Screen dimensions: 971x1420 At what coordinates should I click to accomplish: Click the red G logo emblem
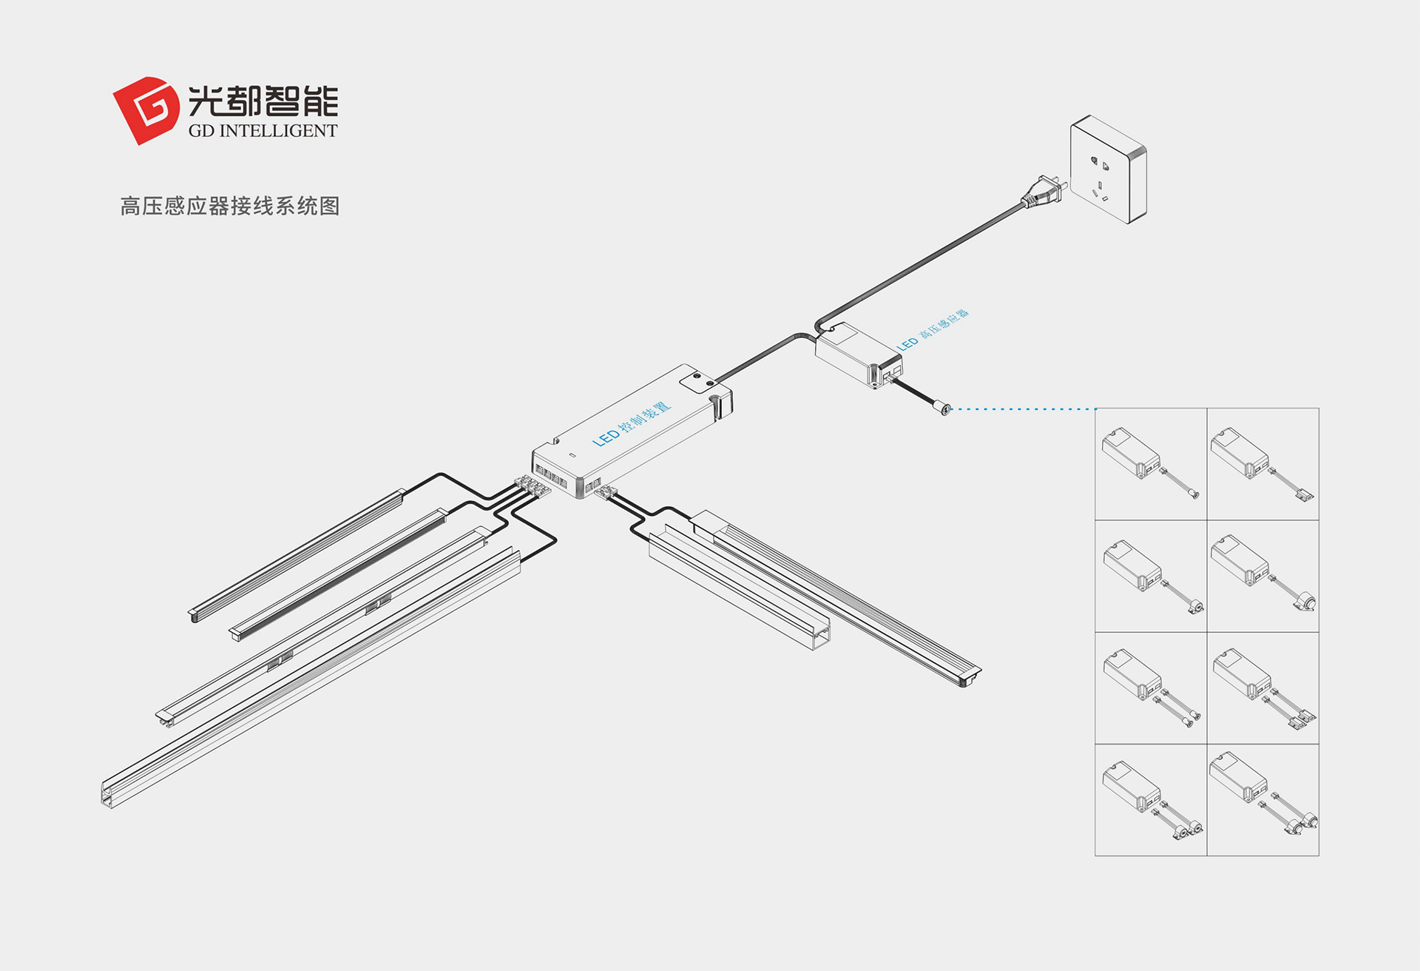[x=146, y=110]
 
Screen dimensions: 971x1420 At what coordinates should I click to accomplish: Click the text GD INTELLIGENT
[x=263, y=131]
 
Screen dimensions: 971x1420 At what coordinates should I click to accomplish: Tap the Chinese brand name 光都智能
[x=263, y=100]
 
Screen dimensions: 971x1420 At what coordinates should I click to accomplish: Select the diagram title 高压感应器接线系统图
[x=230, y=206]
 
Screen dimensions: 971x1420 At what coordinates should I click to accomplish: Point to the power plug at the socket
[x=1044, y=192]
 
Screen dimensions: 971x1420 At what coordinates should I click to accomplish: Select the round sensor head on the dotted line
[x=944, y=407]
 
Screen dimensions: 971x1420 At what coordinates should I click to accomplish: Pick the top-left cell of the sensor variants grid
[x=1151, y=464]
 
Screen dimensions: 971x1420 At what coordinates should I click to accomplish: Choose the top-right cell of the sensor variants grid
[x=1263, y=464]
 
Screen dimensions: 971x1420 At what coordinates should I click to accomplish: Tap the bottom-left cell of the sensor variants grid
[x=1151, y=800]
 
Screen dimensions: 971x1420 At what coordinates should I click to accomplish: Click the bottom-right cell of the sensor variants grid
[x=1263, y=800]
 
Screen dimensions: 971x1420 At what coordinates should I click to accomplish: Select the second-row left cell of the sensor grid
[x=1151, y=576]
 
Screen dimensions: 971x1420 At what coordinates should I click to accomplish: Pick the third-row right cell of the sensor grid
[x=1263, y=688]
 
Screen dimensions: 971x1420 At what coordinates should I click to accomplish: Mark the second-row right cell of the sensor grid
[x=1263, y=576]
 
